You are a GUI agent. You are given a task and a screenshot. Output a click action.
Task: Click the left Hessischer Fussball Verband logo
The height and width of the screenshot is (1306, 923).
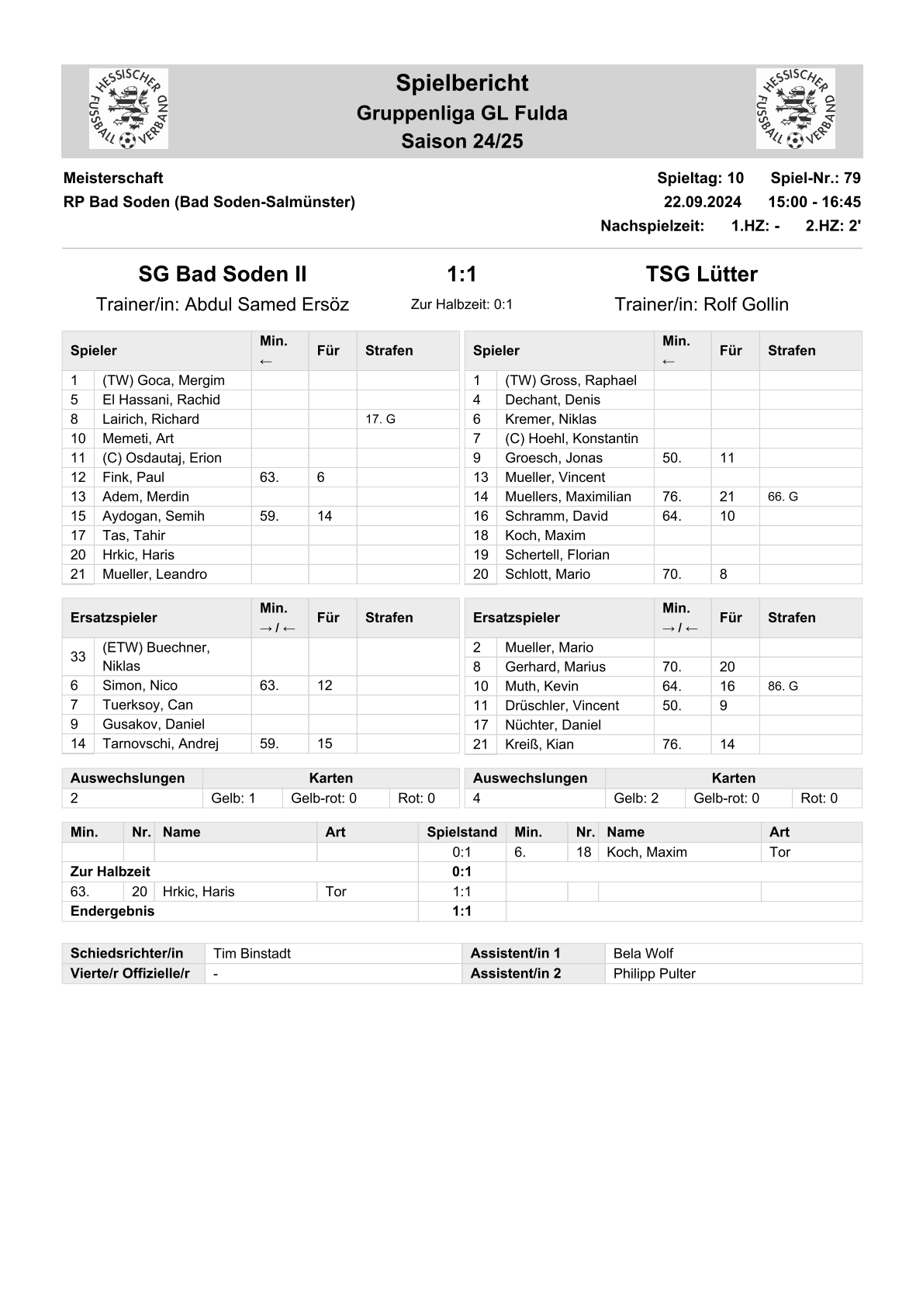pyautogui.click(x=129, y=109)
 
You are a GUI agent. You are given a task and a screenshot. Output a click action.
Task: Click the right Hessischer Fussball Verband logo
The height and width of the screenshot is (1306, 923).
pyautogui.click(x=795, y=109)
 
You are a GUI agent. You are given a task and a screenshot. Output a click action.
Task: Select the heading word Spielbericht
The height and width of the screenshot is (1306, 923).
pyautogui.click(x=461, y=83)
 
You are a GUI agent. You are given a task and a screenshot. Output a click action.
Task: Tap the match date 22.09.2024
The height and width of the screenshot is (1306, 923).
pyautogui.click(x=702, y=202)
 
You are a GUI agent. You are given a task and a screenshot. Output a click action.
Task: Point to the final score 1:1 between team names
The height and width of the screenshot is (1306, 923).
pyautogui.click(x=461, y=274)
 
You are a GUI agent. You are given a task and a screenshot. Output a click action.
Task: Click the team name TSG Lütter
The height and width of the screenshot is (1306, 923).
pyautogui.click(x=701, y=274)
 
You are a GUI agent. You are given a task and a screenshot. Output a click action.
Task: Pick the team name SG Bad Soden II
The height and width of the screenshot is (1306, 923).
pyautogui.click(x=223, y=274)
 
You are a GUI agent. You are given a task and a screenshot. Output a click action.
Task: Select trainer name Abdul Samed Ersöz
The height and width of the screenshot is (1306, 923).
pyautogui.click(x=267, y=304)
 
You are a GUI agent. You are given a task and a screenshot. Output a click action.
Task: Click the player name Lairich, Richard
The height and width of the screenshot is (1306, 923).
pyautogui.click(x=150, y=419)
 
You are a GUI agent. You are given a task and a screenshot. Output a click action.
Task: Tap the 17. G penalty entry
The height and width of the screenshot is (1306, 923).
pyautogui.click(x=380, y=419)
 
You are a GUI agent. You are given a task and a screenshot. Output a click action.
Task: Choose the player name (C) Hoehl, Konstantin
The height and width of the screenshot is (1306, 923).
pyautogui.click(x=571, y=438)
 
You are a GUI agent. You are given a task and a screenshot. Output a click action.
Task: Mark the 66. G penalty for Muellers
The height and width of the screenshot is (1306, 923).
pyautogui.click(x=783, y=497)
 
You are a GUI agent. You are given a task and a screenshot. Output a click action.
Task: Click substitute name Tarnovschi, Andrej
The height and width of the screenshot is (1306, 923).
pyautogui.click(x=160, y=743)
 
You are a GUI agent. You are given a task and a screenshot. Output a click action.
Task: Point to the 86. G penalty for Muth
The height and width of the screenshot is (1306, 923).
pyautogui.click(x=783, y=686)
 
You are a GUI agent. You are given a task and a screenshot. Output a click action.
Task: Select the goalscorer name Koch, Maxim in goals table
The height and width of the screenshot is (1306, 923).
pyautogui.click(x=647, y=852)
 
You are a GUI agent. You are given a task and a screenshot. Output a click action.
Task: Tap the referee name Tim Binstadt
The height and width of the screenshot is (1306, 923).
pyautogui.click(x=252, y=954)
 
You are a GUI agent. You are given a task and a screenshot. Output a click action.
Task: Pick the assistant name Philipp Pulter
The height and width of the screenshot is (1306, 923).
pyautogui.click(x=654, y=974)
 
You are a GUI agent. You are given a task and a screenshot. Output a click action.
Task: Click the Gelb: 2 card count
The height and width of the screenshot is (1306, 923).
pyautogui.click(x=636, y=798)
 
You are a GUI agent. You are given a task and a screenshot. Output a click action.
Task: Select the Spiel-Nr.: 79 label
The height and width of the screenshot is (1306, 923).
pyautogui.click(x=815, y=178)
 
